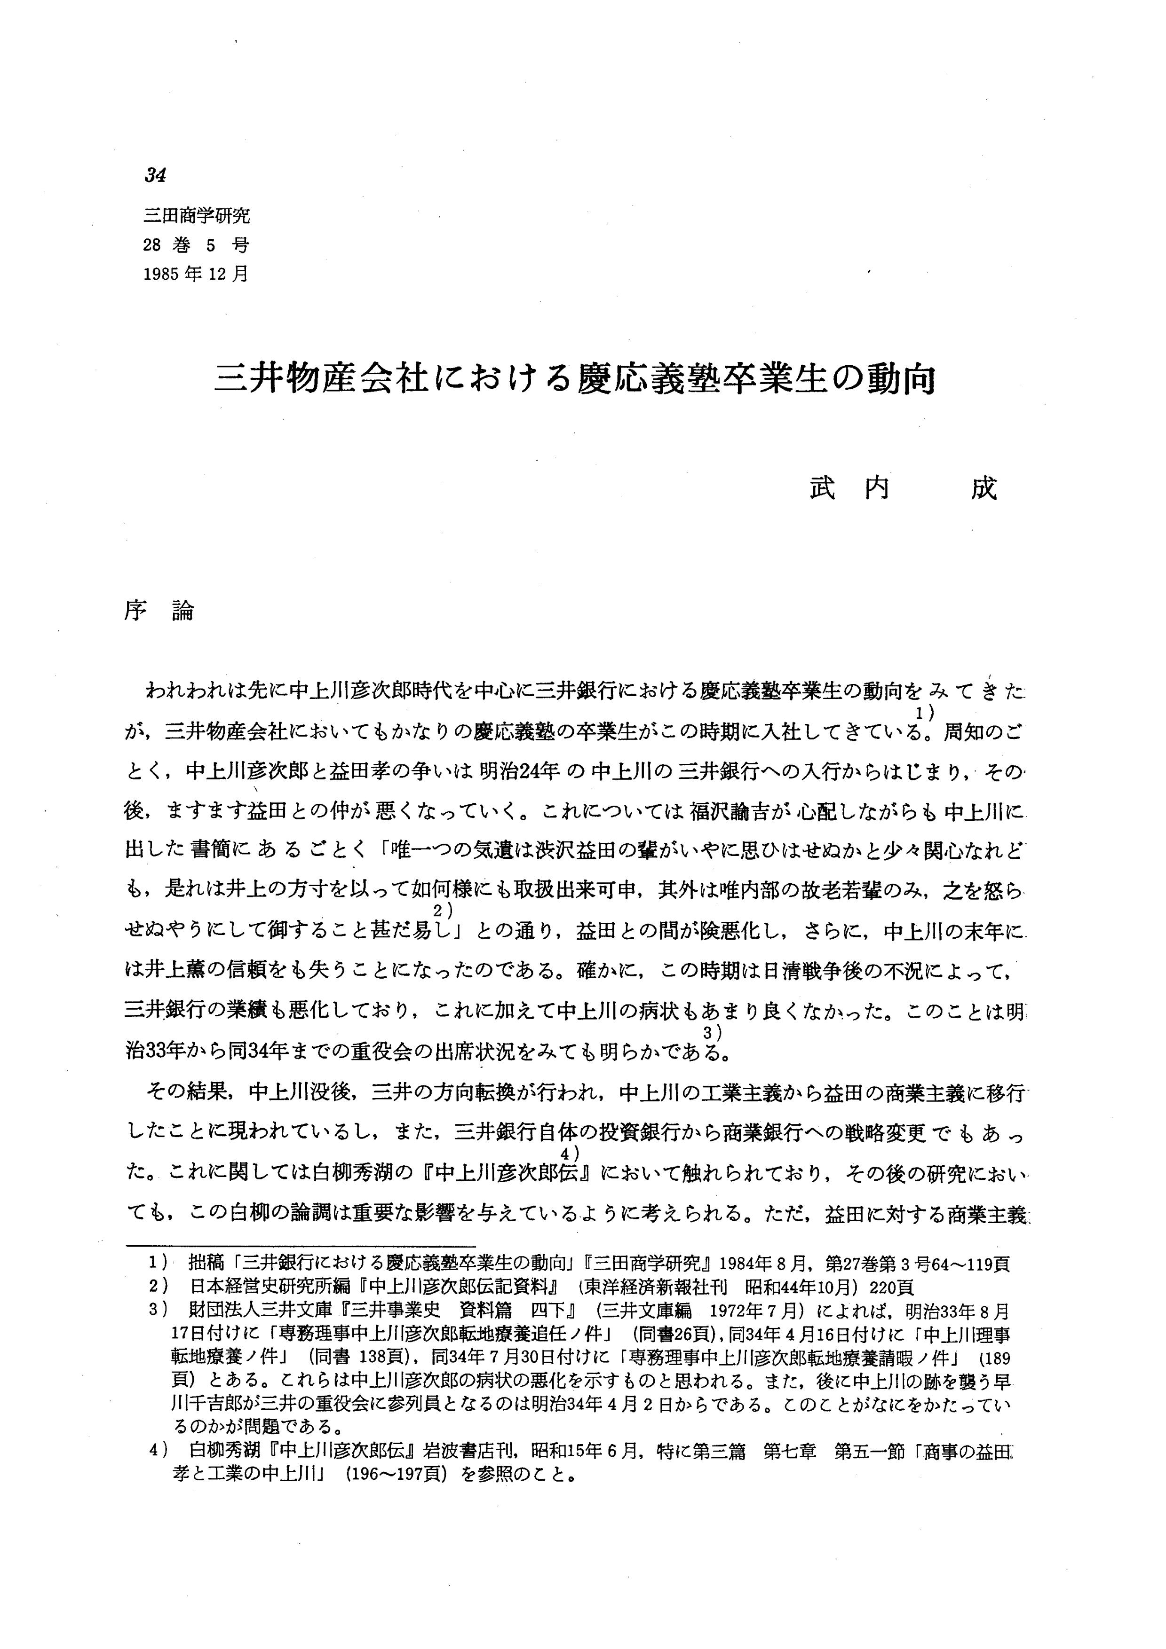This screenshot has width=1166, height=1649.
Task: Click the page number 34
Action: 155,174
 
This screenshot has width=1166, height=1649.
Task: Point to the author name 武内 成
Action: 903,488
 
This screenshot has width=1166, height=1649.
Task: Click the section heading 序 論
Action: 159,611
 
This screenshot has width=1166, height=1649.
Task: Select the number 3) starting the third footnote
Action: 157,1311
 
